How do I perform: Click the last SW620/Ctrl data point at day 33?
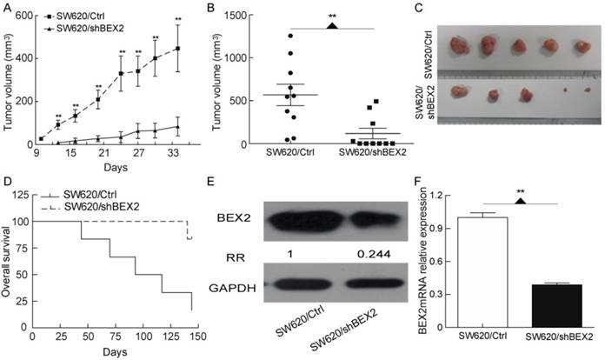178,49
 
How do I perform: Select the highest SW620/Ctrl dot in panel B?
289,35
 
